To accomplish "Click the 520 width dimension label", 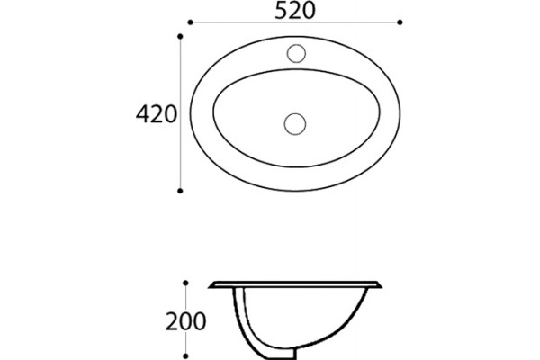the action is coord(295,11).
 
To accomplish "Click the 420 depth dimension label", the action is coord(157,114).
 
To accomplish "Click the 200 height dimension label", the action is coord(186,321).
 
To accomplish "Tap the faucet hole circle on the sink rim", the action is coord(296,53).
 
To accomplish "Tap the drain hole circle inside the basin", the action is coord(295,124).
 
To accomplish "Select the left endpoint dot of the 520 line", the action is coord(191,22).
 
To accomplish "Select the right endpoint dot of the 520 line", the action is coord(400,22).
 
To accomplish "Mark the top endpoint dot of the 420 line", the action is coord(180,36).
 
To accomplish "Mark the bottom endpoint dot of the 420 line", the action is coord(180,191).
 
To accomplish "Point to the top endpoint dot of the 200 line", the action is coord(185,283).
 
